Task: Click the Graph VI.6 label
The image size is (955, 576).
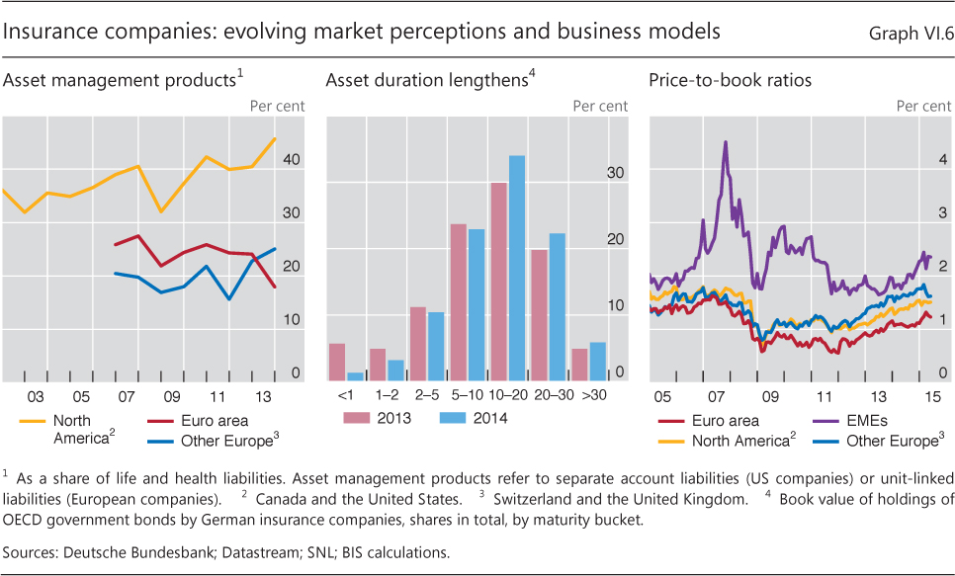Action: (910, 34)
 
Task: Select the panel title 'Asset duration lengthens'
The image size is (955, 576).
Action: (425, 80)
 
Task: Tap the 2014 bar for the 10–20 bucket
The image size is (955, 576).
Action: (517, 268)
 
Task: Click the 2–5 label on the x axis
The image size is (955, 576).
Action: (426, 395)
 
